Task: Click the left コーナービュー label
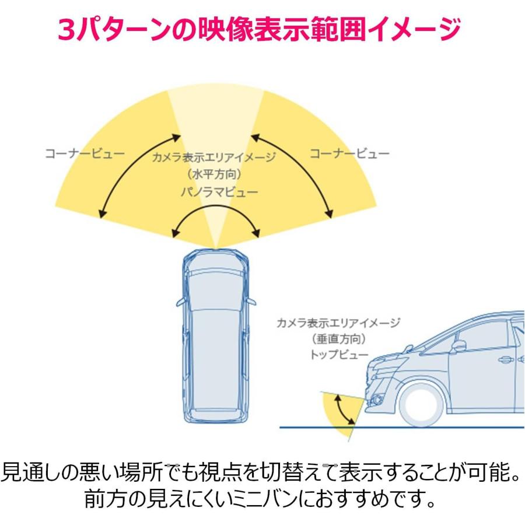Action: pos(85,154)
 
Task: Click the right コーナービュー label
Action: pos(349,154)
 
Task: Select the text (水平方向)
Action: pos(215,173)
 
